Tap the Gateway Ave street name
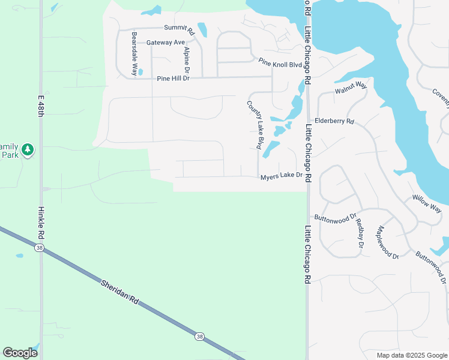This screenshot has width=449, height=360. point(166,43)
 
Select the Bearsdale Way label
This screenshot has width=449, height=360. point(134,53)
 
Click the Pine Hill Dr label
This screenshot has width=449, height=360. point(173,79)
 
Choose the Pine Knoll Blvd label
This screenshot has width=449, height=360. point(280,62)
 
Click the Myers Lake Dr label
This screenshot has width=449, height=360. point(280,176)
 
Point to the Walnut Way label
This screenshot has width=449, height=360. point(351,88)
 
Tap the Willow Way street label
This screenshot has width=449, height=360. point(427,205)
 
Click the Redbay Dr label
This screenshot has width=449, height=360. point(360,233)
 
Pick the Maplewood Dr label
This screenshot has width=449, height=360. point(387,242)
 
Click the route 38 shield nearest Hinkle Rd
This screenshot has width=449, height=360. point(38,249)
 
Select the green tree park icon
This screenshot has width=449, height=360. point(28,149)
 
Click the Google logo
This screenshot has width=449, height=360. point(20,353)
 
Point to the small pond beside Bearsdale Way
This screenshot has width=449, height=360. point(140,72)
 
